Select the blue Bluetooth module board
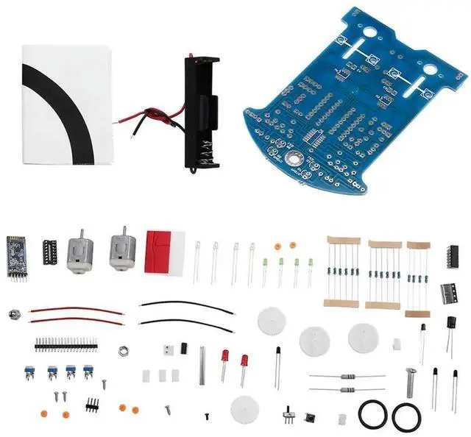pyautogui.click(x=15, y=257)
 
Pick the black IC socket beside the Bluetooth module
pyautogui.click(x=50, y=252)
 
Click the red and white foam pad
pyautogui.click(x=165, y=252)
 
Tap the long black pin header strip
pyautogui.click(x=65, y=344)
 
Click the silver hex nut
pyautogui.click(x=123, y=351)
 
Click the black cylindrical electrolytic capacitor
pyautogui.click(x=450, y=323)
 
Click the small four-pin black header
pyautogui.click(x=93, y=403)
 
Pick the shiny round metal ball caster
pyautogui.click(x=13, y=314)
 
